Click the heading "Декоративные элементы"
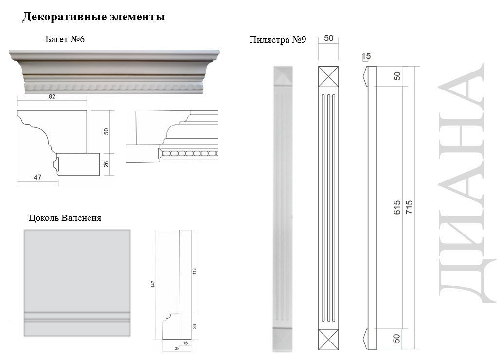point(94,18)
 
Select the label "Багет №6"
point(65,39)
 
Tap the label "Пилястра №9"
point(277,40)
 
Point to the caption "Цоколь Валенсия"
point(65,218)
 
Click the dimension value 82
point(52,96)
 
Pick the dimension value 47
point(37,178)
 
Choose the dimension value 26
point(106,164)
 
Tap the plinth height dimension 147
point(153,284)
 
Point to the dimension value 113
point(194,271)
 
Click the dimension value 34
point(194,326)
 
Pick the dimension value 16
point(185,343)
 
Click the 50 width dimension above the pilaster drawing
point(328,38)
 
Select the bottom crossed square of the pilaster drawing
point(328,339)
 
